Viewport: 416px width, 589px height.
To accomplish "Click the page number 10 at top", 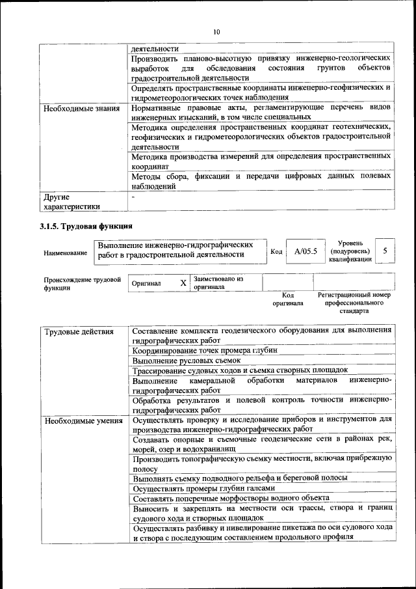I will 216,32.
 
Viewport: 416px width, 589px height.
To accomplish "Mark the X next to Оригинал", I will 183,283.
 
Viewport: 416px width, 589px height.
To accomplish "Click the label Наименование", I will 65,253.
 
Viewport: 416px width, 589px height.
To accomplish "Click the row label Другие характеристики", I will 71,201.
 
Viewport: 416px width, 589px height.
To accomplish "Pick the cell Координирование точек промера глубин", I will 204,349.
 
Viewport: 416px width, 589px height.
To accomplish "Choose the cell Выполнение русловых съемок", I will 187,359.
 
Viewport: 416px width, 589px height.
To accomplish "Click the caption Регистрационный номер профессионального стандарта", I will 354,303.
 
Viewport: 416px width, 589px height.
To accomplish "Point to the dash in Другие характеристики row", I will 133,196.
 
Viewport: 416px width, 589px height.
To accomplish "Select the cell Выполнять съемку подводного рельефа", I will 239,478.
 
